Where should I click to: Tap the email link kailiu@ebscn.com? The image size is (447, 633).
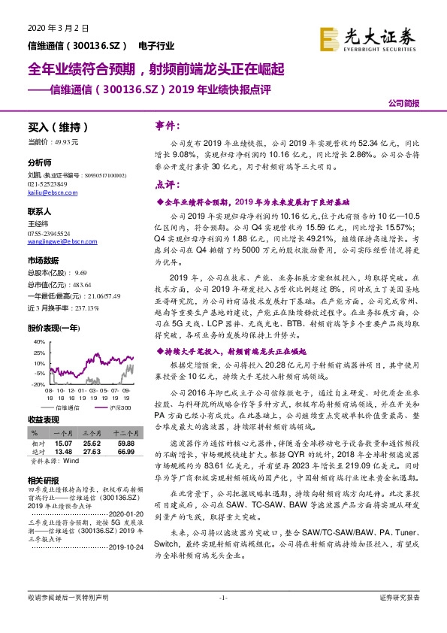47,193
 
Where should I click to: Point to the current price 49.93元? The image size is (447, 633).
58,141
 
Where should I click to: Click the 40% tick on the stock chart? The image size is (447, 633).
36,341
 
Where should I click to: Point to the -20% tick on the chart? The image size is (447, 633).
35,384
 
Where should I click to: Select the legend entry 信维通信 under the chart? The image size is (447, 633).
67,407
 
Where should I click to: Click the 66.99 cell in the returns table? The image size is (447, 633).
124,451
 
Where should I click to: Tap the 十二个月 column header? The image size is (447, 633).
124,434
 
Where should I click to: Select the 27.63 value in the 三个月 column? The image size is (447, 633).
94,451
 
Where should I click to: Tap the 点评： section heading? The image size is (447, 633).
168,183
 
